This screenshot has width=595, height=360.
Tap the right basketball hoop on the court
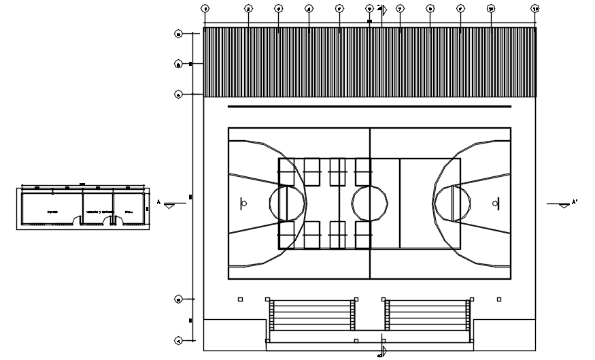tap(496, 203)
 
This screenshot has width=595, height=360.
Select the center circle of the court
tap(370, 203)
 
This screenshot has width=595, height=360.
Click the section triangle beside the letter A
tap(169, 205)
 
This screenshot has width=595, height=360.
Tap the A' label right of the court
tap(574, 202)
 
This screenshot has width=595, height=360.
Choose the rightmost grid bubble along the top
tap(536, 9)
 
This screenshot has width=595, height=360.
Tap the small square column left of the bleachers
tap(240, 299)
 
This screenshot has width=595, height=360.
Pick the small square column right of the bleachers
tap(499, 299)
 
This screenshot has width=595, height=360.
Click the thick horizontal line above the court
tap(369, 107)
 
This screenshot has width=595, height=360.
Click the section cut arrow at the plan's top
tap(384, 10)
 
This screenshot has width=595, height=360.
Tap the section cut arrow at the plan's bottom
tap(384, 350)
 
